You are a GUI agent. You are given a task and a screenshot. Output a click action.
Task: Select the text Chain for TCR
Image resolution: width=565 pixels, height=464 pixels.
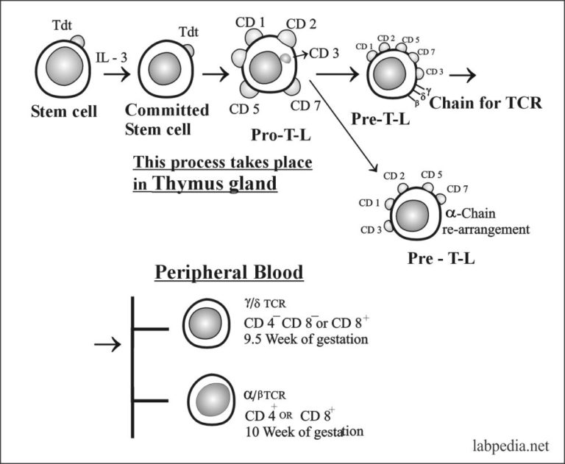pos(486,103)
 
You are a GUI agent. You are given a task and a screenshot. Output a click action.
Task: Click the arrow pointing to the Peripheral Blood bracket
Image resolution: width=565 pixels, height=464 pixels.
pos(108,344)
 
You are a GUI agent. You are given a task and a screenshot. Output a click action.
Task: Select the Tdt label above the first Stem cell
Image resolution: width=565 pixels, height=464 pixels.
pos(63,25)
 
